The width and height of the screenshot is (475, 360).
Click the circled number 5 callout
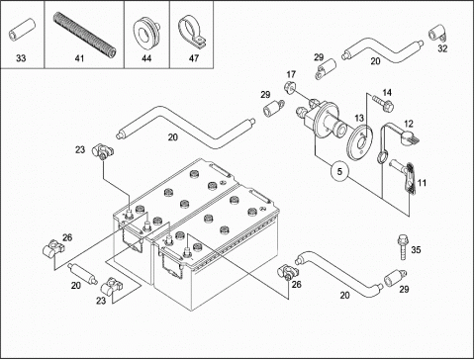click(x=340, y=171)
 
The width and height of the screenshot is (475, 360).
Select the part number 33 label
click(x=21, y=58)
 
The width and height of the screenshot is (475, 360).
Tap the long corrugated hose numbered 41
click(x=85, y=34)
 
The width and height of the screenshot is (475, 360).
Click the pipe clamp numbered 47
click(x=191, y=33)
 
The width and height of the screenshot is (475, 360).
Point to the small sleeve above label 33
click(x=22, y=30)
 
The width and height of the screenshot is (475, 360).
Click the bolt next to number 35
click(x=402, y=246)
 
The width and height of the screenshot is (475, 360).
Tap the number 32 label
click(x=442, y=48)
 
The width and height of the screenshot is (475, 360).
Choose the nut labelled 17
click(x=290, y=87)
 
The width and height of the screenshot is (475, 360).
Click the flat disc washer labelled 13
click(x=360, y=141)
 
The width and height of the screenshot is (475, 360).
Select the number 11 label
click(x=422, y=182)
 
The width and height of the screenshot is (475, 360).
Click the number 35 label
click(x=416, y=249)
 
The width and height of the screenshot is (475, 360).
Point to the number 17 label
click(x=291, y=74)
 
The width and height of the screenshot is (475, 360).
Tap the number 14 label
click(x=387, y=92)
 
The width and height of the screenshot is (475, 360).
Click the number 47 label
click(x=194, y=58)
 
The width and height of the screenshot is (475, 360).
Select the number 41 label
click(x=79, y=58)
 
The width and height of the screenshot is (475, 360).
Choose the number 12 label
click(x=409, y=124)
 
